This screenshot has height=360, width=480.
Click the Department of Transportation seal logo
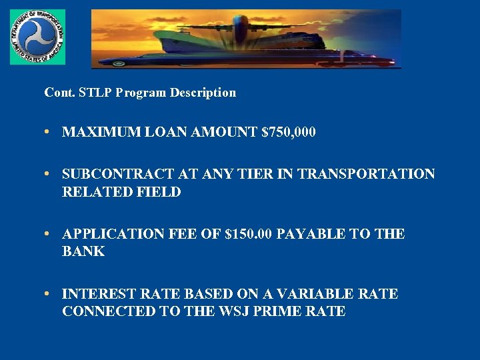(37, 37)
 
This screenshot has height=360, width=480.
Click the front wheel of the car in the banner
(119, 63)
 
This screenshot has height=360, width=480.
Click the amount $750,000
(289, 133)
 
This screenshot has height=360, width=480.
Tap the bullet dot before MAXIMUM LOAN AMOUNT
(49, 133)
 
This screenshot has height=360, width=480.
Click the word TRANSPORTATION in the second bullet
(366, 175)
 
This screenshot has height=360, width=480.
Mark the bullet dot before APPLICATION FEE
(49, 234)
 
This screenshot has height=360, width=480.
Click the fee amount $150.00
(249, 234)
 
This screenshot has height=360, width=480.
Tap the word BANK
(83, 251)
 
